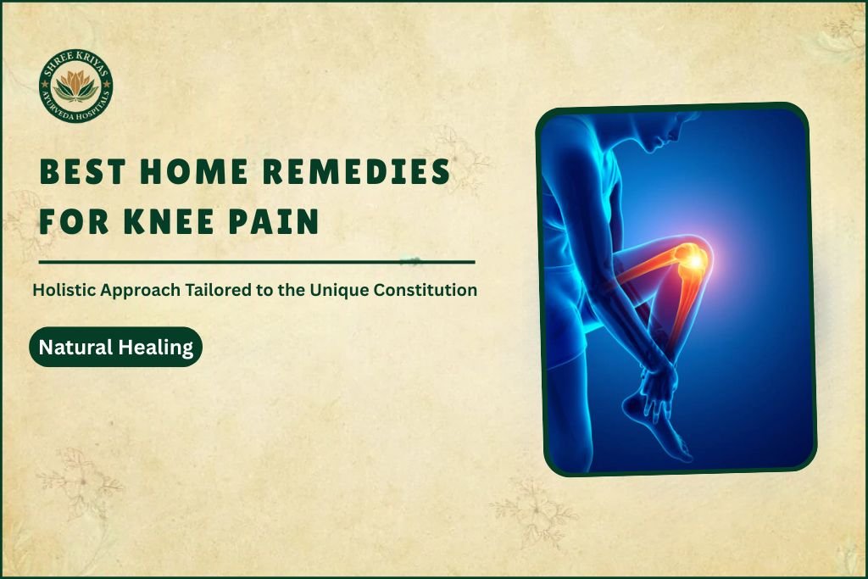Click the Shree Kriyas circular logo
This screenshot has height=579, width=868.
(x=76, y=86)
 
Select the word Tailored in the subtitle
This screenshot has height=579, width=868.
(x=212, y=290)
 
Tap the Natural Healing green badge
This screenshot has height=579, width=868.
(x=116, y=347)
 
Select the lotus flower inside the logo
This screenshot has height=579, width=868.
(x=76, y=85)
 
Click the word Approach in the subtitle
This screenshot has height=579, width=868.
(x=139, y=290)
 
